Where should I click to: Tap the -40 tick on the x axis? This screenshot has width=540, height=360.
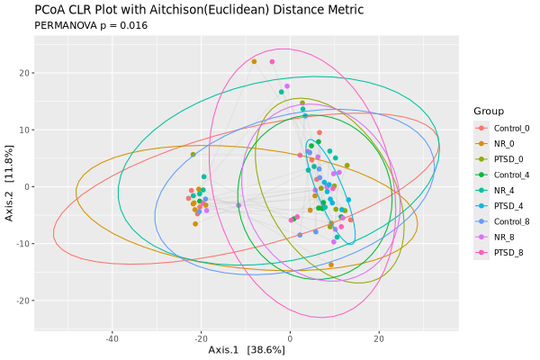coord(112,338)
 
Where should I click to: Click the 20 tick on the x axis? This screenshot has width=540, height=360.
coord(379,338)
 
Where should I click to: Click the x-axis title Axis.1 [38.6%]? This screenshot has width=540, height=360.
coord(247,349)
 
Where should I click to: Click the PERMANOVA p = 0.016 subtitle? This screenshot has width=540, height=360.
coord(91,25)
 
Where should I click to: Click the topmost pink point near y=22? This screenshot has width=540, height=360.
coord(272,62)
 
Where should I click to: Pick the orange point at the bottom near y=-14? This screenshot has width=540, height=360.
coord(331,265)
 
